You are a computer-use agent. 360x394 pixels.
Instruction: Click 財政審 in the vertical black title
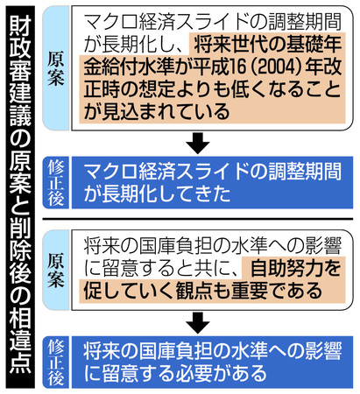(20, 47)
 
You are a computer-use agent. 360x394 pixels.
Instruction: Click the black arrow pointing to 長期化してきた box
(198, 143)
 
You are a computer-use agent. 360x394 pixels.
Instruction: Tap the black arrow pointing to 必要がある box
(198, 322)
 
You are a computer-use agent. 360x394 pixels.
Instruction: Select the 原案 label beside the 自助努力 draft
(55, 271)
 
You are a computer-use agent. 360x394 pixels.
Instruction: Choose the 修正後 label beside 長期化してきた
(56, 183)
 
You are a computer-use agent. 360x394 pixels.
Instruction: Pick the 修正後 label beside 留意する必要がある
(56, 362)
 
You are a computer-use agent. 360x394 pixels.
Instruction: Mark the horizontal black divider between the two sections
(198, 219)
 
